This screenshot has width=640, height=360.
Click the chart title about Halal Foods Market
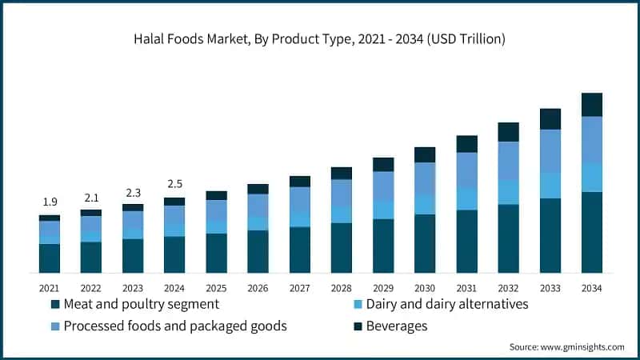[x=320, y=38]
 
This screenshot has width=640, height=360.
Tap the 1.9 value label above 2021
[x=50, y=202]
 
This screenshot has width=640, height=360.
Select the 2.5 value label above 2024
[x=174, y=184]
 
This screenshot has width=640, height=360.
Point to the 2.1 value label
[x=91, y=197]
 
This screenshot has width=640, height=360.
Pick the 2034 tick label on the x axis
[x=591, y=287]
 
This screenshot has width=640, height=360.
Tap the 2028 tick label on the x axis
[x=341, y=287]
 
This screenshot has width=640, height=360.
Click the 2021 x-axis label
[x=50, y=287]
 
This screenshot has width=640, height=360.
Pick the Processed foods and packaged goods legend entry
[x=168, y=326]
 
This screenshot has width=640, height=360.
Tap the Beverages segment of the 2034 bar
[x=591, y=105]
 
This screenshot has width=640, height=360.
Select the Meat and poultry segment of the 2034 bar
[x=591, y=232]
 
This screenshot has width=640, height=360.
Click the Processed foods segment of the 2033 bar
[x=550, y=150]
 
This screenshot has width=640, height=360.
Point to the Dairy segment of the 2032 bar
[x=508, y=192]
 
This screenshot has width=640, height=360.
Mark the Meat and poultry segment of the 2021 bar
[x=50, y=258]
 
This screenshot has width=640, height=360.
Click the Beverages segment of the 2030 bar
[x=425, y=154]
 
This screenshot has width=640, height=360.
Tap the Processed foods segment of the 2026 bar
[x=258, y=205]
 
